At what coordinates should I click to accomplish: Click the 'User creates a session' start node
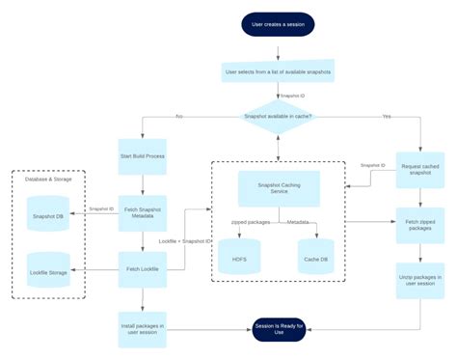(278, 24)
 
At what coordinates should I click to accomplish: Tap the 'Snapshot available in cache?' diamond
(278, 117)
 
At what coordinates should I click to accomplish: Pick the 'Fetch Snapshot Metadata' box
(144, 213)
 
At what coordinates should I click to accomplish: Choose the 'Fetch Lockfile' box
(144, 269)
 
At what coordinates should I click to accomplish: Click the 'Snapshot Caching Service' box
(278, 188)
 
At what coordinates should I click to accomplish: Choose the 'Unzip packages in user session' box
(421, 281)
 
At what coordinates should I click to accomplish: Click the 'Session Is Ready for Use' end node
(278, 329)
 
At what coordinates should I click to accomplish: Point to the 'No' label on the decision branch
(178, 116)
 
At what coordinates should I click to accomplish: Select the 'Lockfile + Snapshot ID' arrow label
(185, 238)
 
